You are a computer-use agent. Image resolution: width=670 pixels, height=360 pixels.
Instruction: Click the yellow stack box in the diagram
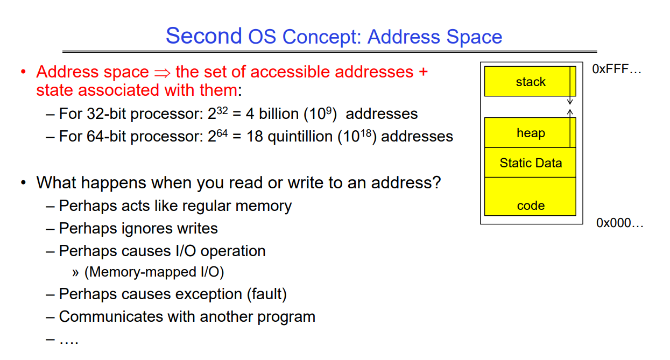pyautogui.click(x=530, y=81)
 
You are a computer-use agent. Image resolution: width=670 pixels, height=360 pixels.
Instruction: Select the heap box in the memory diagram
pyautogui.click(x=530, y=132)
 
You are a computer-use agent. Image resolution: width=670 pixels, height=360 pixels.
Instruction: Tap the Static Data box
pyautogui.click(x=530, y=163)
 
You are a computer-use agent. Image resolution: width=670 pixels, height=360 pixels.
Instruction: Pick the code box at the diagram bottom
pyautogui.click(x=530, y=196)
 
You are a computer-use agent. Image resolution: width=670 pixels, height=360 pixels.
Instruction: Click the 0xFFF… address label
pyautogui.click(x=617, y=69)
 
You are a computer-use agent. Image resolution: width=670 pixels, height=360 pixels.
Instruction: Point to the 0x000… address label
pyautogui.click(x=620, y=223)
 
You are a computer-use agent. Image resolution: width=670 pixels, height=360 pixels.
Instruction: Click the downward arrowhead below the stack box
pyautogui.click(x=570, y=102)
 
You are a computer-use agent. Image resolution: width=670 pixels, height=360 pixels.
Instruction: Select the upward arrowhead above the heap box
pyautogui.click(x=570, y=112)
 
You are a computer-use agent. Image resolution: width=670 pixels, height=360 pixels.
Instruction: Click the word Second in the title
pyautogui.click(x=204, y=36)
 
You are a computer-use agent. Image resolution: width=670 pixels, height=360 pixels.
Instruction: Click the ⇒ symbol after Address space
pyautogui.click(x=163, y=73)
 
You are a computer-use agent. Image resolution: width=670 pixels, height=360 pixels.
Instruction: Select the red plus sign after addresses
pyautogui.click(x=423, y=72)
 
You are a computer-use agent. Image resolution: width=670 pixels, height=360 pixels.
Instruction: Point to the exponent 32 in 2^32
pyautogui.click(x=222, y=111)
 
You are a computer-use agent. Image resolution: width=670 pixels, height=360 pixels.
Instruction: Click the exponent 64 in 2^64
pyautogui.click(x=222, y=133)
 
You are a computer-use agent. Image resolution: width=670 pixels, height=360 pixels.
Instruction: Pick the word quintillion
pyautogui.click(x=300, y=137)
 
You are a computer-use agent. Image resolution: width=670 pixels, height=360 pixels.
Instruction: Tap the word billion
pyautogui.click(x=279, y=114)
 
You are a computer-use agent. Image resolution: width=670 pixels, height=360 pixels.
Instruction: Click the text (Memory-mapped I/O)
pyautogui.click(x=154, y=272)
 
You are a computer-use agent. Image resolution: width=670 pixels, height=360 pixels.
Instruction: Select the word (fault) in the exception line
pyautogui.click(x=267, y=294)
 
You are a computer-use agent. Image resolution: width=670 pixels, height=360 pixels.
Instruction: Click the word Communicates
pyautogui.click(x=111, y=316)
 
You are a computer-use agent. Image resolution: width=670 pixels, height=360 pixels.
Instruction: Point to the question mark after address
pyautogui.click(x=436, y=182)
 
